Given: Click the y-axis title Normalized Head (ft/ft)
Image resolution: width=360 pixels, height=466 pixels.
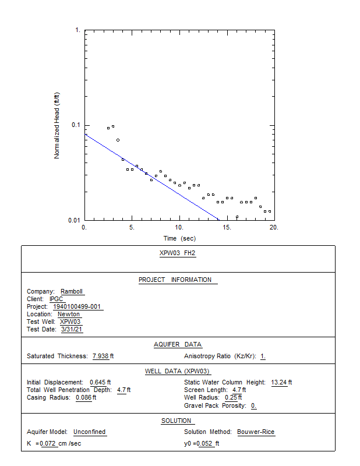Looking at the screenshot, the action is click(x=57, y=125).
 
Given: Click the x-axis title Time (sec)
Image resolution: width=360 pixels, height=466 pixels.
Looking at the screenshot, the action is click(x=179, y=238).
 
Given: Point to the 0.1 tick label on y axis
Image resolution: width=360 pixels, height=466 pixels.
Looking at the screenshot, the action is click(x=76, y=125).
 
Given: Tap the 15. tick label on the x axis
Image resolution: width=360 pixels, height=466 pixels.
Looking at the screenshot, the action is click(x=227, y=227).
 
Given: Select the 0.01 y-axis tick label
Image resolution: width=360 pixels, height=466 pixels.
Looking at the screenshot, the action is click(x=75, y=220).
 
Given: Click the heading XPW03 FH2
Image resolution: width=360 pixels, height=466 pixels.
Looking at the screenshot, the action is click(x=178, y=253).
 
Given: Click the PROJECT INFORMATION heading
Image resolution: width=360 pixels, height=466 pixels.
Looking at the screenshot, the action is click(x=175, y=280).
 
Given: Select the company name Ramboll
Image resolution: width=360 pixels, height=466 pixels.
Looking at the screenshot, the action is click(x=72, y=291).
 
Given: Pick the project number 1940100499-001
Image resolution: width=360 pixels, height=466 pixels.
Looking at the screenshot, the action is click(x=77, y=306).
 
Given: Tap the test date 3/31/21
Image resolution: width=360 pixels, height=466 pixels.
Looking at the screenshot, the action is click(x=72, y=329).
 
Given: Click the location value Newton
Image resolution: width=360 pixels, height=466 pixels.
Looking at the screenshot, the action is click(x=69, y=314).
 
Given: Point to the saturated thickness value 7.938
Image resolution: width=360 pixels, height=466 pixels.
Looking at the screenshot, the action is click(x=100, y=356).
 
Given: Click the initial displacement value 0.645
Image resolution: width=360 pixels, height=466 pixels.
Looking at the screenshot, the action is click(x=98, y=382).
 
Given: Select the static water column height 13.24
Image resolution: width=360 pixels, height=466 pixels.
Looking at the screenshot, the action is click(x=279, y=382).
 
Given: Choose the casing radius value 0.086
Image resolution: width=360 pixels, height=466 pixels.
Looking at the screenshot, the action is click(x=84, y=397).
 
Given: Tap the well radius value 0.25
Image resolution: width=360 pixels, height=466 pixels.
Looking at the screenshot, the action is click(x=231, y=397).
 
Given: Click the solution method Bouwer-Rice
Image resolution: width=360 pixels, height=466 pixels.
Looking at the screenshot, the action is click(x=256, y=432).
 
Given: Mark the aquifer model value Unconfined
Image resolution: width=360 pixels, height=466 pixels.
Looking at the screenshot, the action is click(x=90, y=432).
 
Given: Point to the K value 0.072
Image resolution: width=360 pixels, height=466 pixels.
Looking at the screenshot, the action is click(x=48, y=443).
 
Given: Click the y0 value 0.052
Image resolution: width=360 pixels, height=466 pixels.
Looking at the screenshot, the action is click(x=205, y=443).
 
